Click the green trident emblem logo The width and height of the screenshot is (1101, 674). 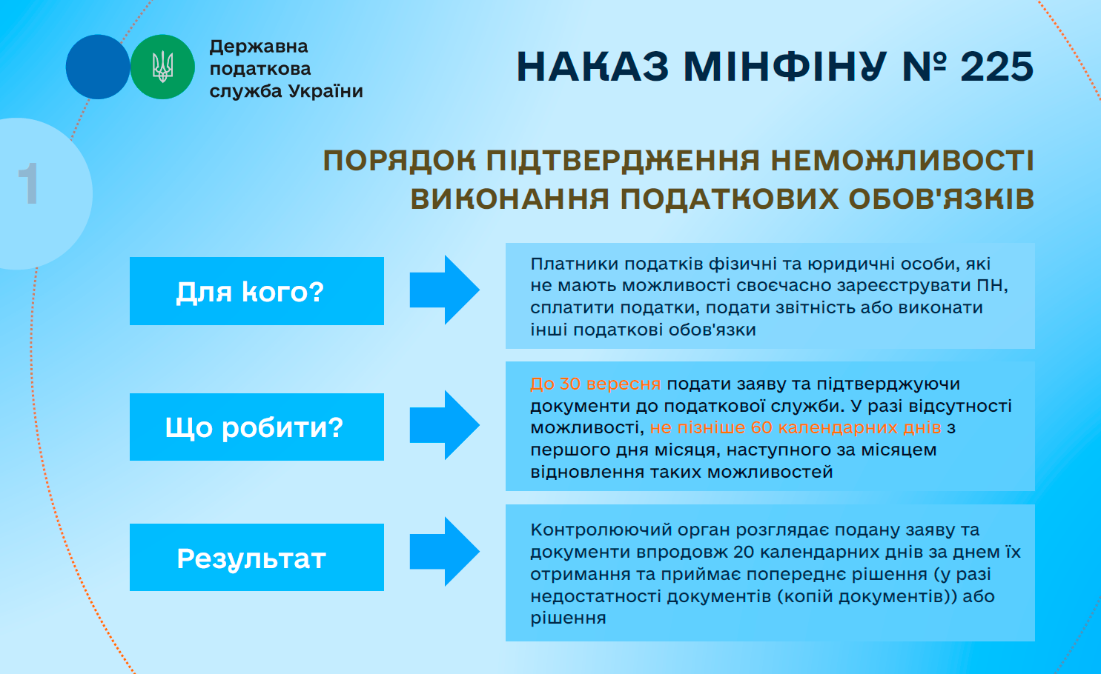pyautogui.click(x=162, y=67)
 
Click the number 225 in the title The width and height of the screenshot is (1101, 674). pyautogui.click(x=996, y=67)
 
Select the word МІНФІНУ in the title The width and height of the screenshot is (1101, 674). pyautogui.click(x=784, y=67)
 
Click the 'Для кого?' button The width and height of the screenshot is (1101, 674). pyautogui.click(x=257, y=291)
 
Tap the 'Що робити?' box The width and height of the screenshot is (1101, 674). pyautogui.click(x=257, y=427)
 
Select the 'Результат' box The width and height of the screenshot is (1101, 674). pyautogui.click(x=257, y=557)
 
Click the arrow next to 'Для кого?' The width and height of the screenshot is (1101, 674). pyautogui.click(x=444, y=290)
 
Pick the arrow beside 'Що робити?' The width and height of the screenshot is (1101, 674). pyautogui.click(x=444, y=425)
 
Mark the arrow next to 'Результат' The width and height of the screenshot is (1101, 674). pyautogui.click(x=444, y=552)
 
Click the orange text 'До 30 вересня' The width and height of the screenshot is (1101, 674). pyautogui.click(x=595, y=384)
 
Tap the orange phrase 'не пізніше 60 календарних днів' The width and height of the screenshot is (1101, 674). pyautogui.click(x=795, y=427)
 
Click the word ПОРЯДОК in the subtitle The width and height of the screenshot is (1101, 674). pyautogui.click(x=400, y=161)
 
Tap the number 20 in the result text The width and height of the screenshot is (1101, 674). pyautogui.click(x=744, y=552)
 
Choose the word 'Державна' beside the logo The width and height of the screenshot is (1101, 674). pyautogui.click(x=259, y=46)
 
